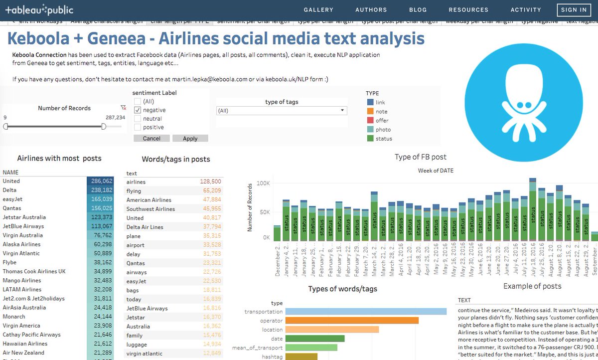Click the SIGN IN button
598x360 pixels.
574,9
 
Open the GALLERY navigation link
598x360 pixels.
318,9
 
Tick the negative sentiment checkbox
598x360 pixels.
138,110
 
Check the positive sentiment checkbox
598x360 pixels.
138,127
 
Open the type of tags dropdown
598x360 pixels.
282,111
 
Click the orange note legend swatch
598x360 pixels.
370,111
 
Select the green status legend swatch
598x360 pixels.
370,139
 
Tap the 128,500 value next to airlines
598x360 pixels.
210,182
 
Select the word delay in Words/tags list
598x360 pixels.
134,254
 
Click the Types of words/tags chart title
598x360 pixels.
342,289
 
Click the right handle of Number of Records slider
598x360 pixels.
104,127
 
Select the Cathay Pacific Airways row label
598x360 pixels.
31,335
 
